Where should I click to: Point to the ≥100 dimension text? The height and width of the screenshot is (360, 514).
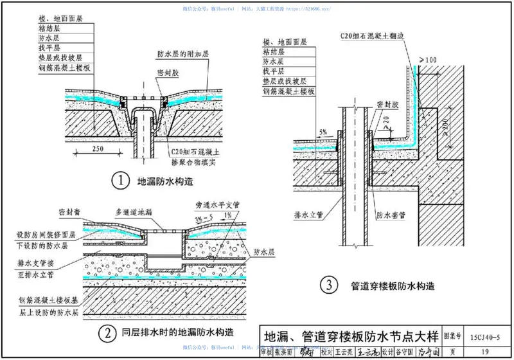pos(428,60)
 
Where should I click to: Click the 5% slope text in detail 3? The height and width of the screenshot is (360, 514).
pos(324,131)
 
